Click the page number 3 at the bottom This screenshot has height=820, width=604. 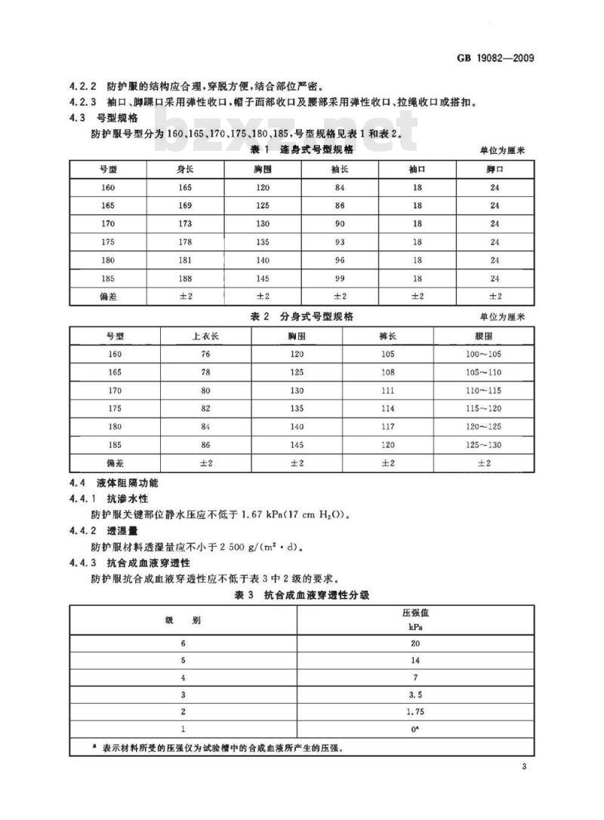(522, 767)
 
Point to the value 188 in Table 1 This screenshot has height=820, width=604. (185, 278)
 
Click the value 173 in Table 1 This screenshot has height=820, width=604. (185, 223)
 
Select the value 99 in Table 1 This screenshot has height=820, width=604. (339, 278)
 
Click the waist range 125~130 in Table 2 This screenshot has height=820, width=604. (484, 444)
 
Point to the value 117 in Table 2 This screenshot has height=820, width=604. (388, 426)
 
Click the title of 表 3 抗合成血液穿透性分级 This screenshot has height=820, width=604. (300, 595)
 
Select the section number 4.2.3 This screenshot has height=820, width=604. (80, 102)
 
